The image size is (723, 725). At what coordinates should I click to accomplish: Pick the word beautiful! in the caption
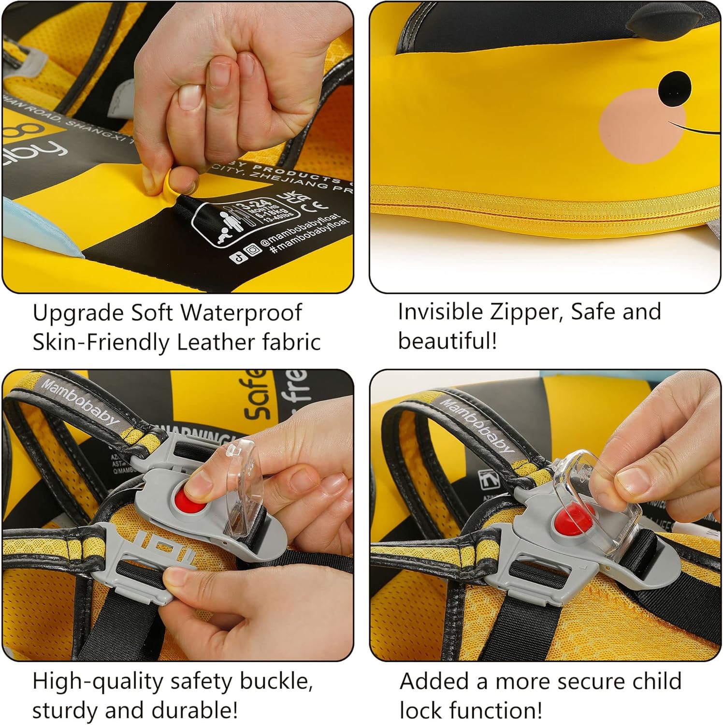pyautogui.click(x=447, y=341)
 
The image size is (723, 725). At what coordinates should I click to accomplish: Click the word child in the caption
pyautogui.click(x=654, y=681)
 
